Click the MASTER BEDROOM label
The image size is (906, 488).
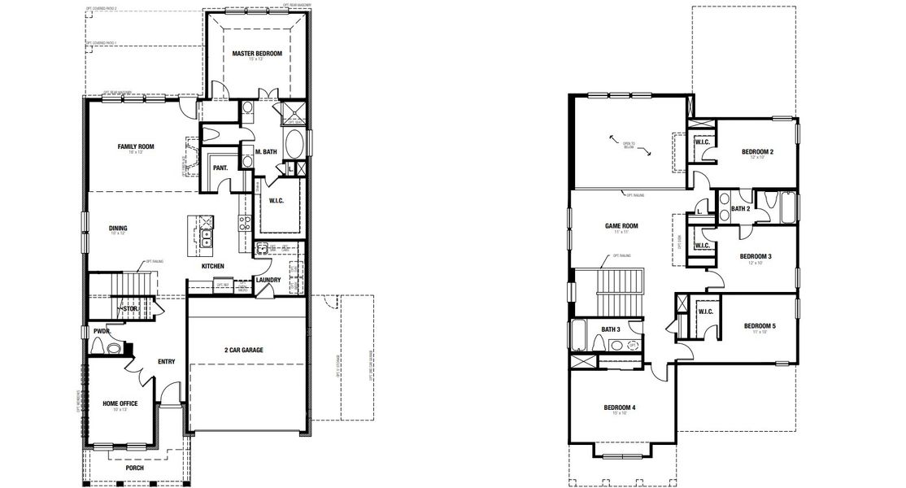click(256, 54)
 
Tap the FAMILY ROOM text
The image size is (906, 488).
click(136, 147)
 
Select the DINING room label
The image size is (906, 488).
click(118, 229)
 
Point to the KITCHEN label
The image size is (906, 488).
click(213, 266)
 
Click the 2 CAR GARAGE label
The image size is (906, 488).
click(245, 350)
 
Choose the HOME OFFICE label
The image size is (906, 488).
click(120, 403)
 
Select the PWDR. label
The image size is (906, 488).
click(102, 331)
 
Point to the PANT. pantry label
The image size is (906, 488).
click(220, 168)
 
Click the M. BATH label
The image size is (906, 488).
click(268, 152)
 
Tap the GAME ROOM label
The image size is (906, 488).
click(621, 226)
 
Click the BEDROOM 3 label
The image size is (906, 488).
click(756, 256)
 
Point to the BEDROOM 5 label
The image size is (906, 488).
click(760, 326)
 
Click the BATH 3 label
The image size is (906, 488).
click(611, 329)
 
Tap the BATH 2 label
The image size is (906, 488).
click(739, 209)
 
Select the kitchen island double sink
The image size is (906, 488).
click(206, 237)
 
